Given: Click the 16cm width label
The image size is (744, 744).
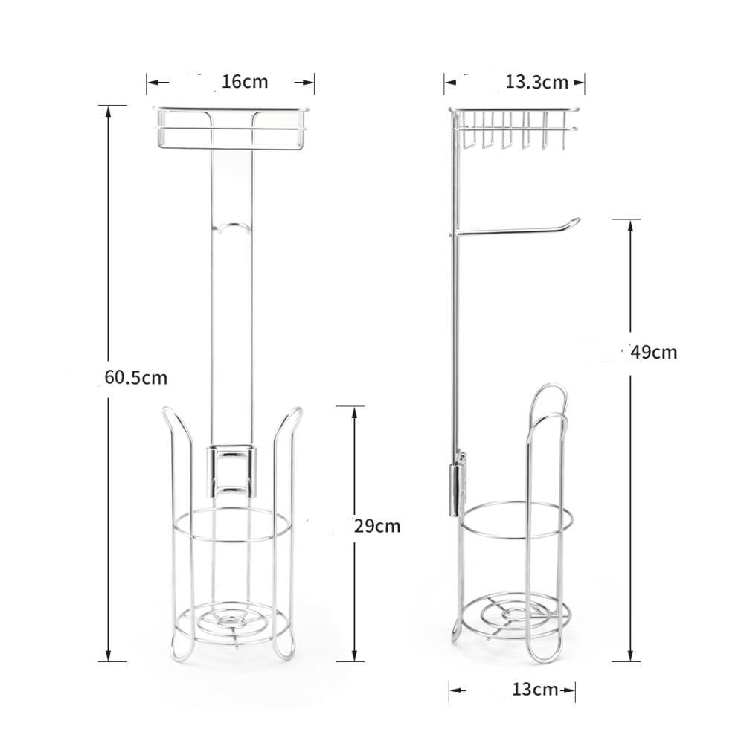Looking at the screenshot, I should pyautogui.click(x=245, y=82).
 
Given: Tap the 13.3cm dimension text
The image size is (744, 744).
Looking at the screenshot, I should pyautogui.click(x=536, y=82).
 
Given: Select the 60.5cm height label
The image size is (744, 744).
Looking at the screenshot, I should pyautogui.click(x=136, y=377).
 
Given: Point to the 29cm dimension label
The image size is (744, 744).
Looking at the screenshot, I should pyautogui.click(x=376, y=527).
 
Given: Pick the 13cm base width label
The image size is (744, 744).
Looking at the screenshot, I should pyautogui.click(x=534, y=690).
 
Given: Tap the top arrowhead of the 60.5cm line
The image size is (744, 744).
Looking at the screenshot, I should pyautogui.click(x=109, y=110).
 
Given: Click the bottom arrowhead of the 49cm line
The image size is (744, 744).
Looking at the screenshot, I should pyautogui.click(x=631, y=655).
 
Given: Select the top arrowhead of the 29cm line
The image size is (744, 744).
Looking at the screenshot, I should pyautogui.click(x=350, y=411).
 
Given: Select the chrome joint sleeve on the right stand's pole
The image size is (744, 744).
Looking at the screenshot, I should pyautogui.click(x=454, y=487).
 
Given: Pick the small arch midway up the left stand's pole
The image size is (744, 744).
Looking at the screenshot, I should pyautogui.click(x=231, y=225).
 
